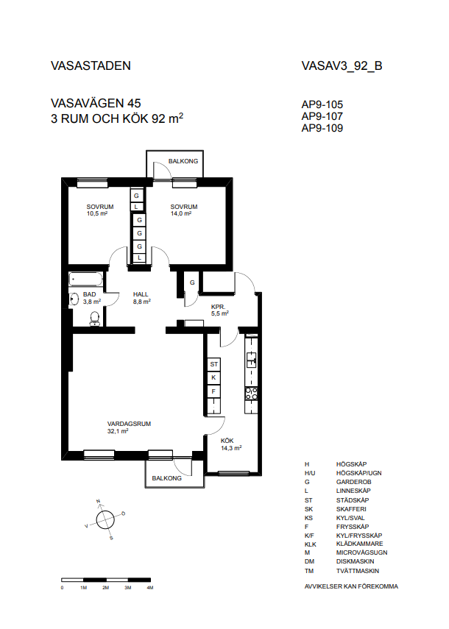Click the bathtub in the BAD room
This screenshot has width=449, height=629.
[x=85, y=280]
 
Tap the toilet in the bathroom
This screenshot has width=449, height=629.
[x=95, y=319]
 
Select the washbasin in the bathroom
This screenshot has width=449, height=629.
[x=74, y=299]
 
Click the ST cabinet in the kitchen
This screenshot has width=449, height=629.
[x=213, y=364]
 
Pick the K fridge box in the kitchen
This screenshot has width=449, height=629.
[x=213, y=377]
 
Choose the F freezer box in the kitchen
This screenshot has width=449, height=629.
[x=213, y=391]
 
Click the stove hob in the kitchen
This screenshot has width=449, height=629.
[x=251, y=394]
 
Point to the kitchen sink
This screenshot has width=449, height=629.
[x=251, y=360]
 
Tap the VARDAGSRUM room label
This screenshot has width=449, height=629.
[x=129, y=424]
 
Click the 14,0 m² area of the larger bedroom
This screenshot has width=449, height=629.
[x=181, y=214]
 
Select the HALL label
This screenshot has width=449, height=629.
[x=141, y=294]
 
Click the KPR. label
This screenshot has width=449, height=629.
[x=219, y=307]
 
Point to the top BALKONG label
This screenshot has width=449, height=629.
[x=183, y=161]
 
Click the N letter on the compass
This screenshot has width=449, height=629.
[x=99, y=502]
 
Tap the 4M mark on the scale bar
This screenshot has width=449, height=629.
[x=150, y=588]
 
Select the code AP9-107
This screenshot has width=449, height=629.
[x=322, y=116]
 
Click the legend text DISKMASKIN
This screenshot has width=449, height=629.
[x=355, y=561]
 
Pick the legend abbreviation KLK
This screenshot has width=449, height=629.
[x=310, y=544]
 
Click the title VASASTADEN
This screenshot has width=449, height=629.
[x=91, y=65]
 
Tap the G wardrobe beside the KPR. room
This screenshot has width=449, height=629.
[x=192, y=282]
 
